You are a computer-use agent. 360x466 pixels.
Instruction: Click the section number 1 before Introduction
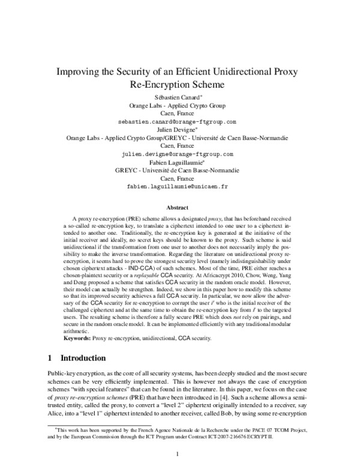click(x=50, y=358)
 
